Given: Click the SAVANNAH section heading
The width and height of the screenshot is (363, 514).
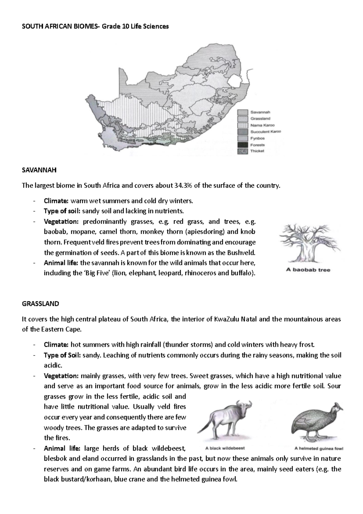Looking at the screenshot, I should [39, 170].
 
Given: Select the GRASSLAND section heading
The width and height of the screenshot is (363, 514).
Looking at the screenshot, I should [41, 304].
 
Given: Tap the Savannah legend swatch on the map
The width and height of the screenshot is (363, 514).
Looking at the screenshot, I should [243, 112].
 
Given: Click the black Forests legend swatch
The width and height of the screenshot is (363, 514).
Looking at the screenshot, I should [243, 145].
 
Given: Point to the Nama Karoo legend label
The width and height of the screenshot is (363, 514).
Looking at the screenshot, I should [262, 125].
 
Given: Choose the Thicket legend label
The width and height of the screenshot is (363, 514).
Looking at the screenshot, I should [257, 151].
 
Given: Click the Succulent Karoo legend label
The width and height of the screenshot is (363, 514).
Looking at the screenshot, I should [265, 132].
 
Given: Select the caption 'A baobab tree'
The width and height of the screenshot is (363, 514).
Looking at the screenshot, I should [308, 270].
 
